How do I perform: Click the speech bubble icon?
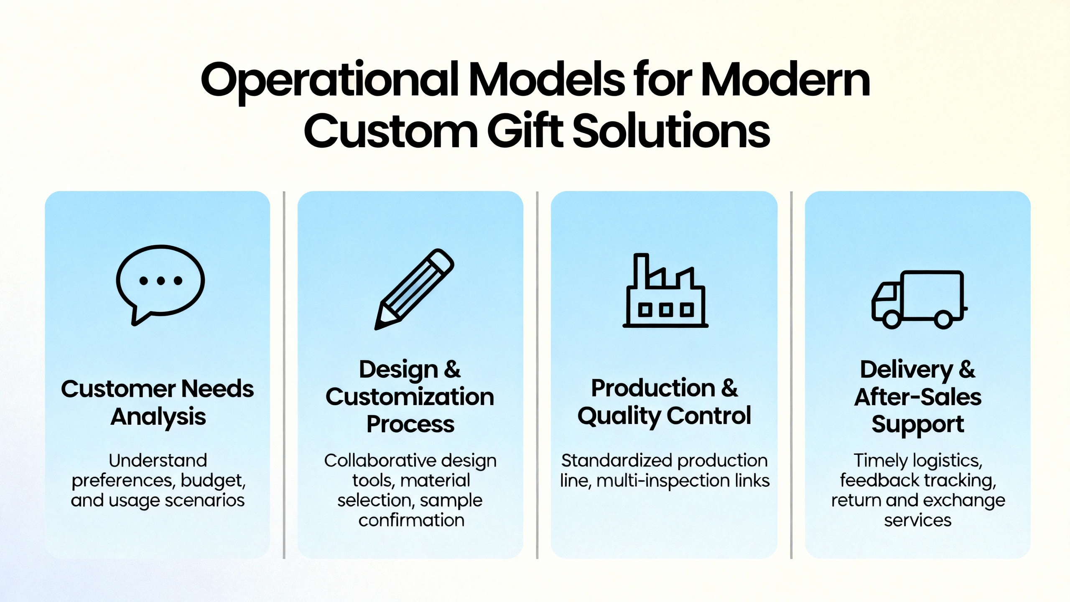pos(160,284)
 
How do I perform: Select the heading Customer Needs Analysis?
pos(158,403)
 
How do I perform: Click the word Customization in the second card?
pos(410,397)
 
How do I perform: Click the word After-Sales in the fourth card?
pos(918,397)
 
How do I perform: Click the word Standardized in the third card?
pos(617,461)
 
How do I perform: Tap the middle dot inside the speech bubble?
pos(161,281)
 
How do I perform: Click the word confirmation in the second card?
pos(411,520)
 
